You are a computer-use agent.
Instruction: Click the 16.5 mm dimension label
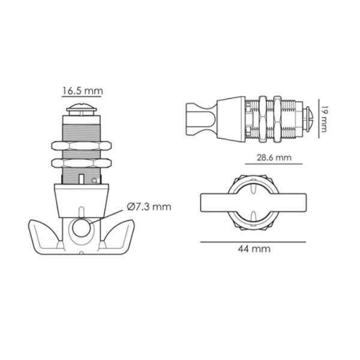click(x=82, y=91)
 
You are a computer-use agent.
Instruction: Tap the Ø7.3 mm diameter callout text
click(x=148, y=207)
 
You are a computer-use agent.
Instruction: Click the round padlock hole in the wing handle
click(x=80, y=228)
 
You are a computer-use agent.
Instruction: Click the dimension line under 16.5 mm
click(x=82, y=97)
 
